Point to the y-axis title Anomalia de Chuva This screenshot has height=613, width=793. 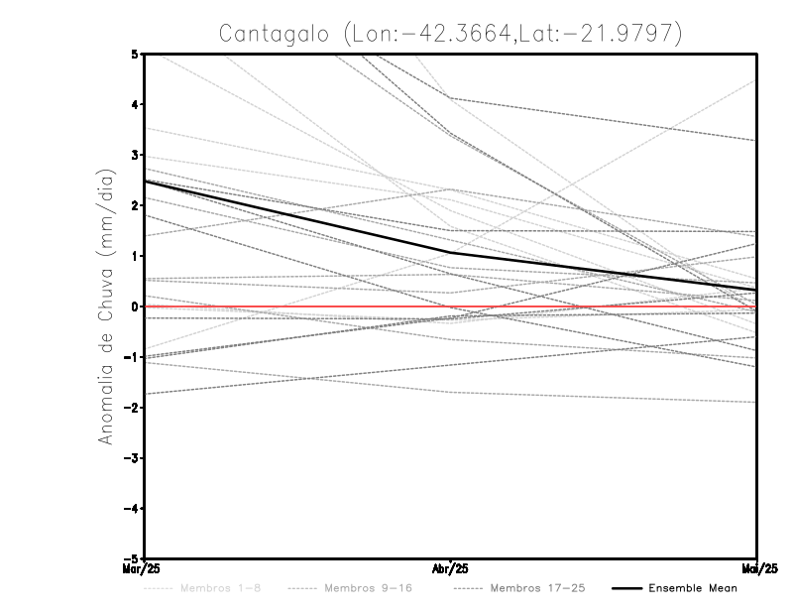(x=105, y=306)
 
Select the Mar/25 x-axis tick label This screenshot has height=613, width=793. (x=144, y=567)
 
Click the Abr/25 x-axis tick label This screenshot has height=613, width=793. (x=451, y=567)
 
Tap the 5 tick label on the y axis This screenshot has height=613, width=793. (x=134, y=54)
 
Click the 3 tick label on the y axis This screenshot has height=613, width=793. (x=134, y=155)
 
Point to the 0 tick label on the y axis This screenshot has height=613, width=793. (x=134, y=306)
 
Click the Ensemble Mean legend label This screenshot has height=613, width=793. (x=692, y=588)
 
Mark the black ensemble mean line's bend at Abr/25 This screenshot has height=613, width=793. (x=451, y=253)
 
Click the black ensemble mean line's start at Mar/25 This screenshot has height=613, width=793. (x=145, y=181)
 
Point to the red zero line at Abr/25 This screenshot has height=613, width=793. (x=451, y=306)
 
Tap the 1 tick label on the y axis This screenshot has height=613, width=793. (x=134, y=256)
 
